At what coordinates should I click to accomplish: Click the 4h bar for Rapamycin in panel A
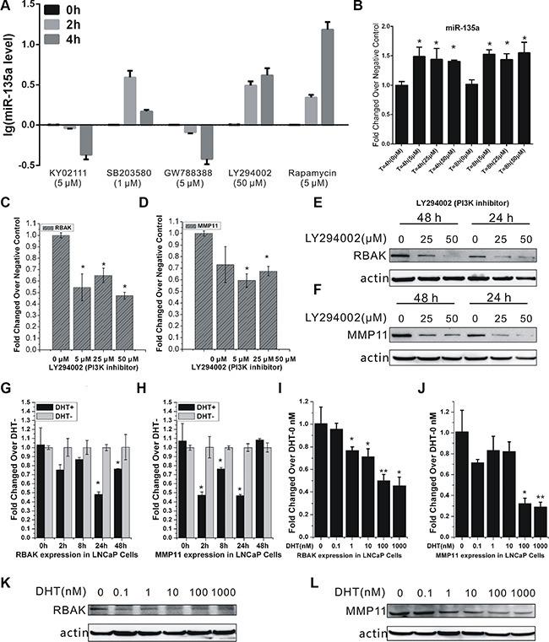point(321,77)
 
